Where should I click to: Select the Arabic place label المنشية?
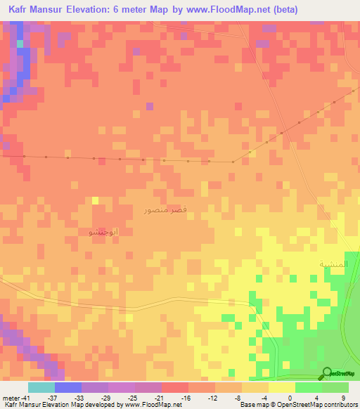[333, 264]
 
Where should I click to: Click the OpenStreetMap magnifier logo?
[327, 373]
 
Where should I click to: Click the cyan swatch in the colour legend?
[41, 387]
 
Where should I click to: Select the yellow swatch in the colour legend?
[281, 387]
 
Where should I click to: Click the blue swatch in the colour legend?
[68, 387]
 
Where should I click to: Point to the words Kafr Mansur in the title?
[34, 10]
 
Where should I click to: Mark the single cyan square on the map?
[20, 44]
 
